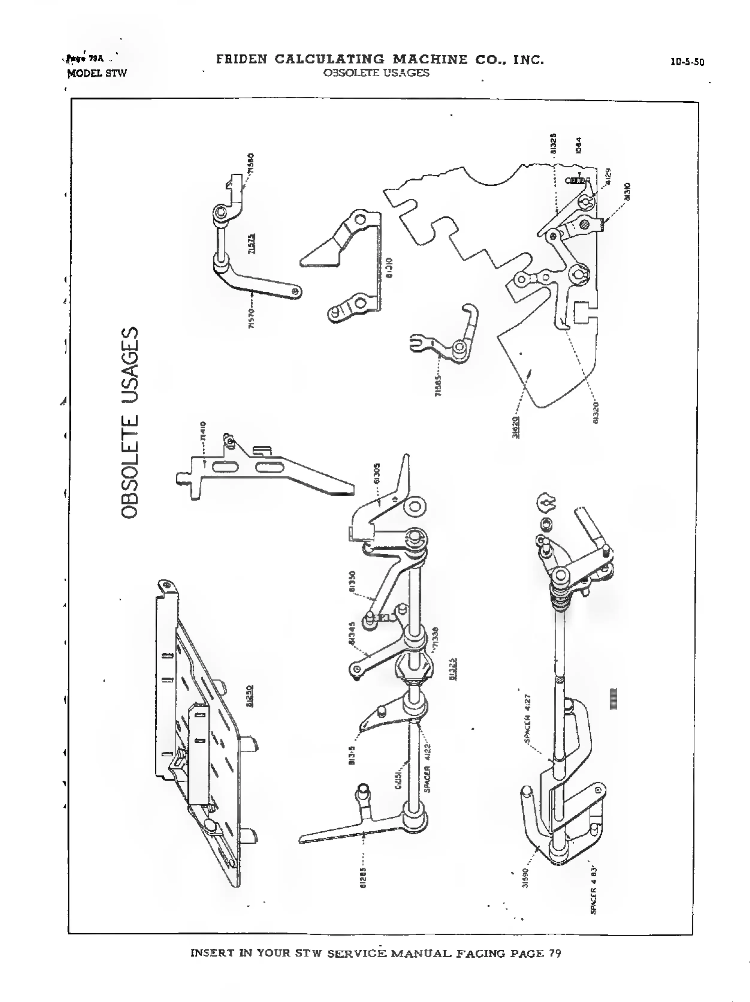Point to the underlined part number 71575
tap(252, 243)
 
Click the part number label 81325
tap(553, 144)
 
